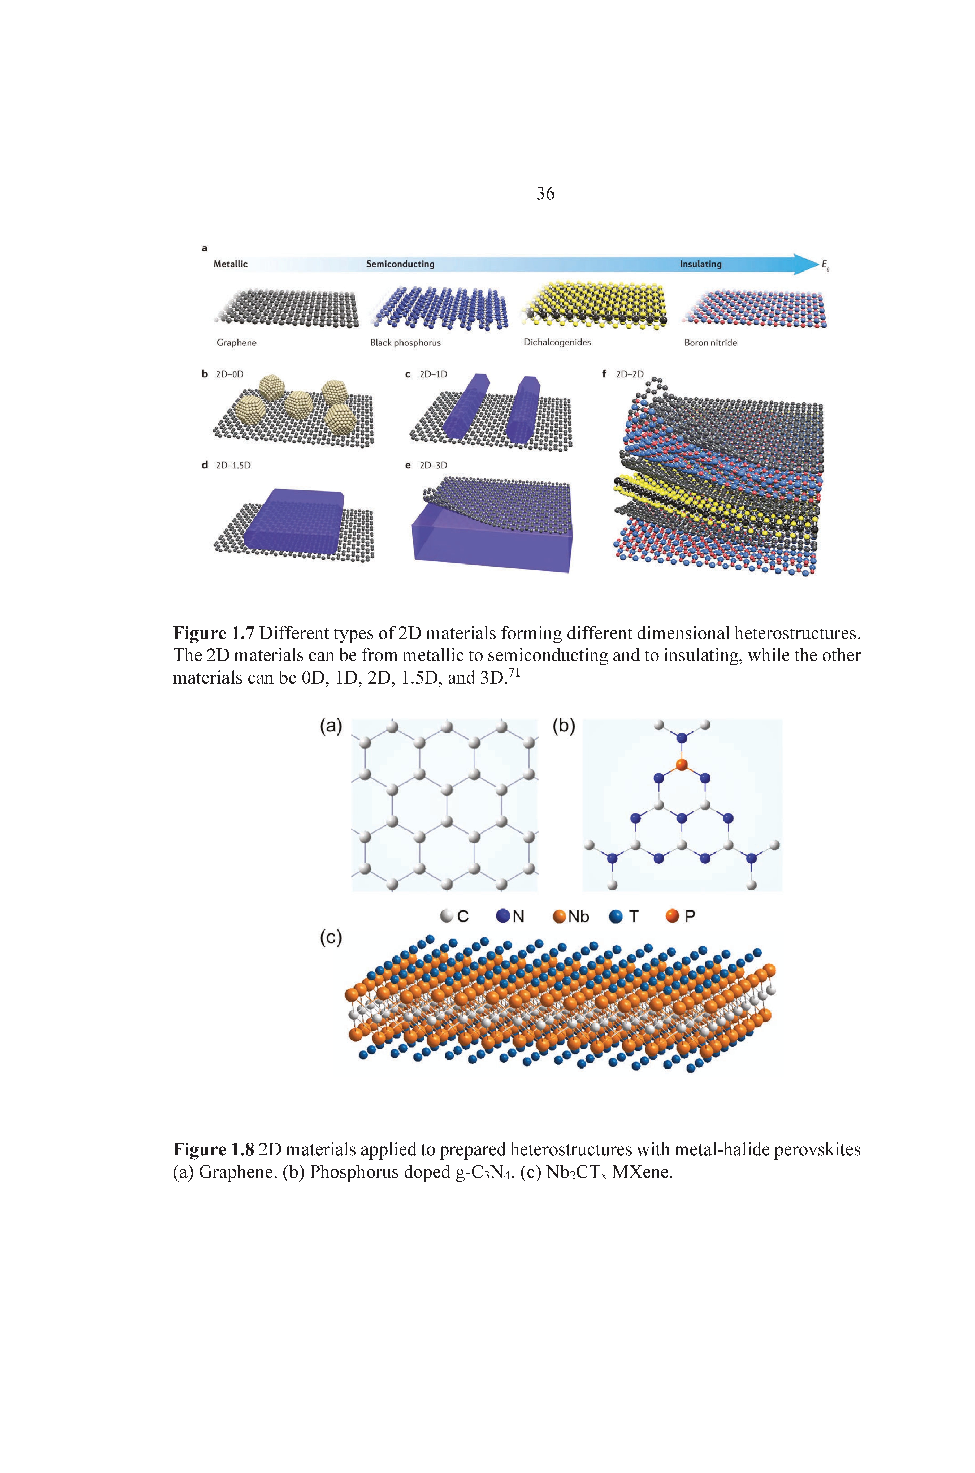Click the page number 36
[x=545, y=193]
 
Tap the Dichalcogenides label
[x=557, y=342]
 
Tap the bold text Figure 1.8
[x=214, y=1149]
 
